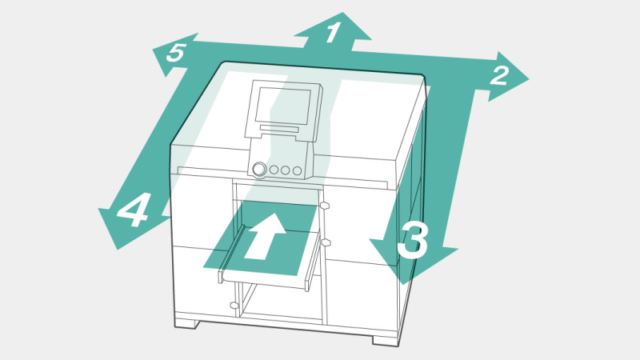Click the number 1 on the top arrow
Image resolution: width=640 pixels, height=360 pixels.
(333, 32)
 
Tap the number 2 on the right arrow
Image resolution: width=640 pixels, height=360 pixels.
(500, 75)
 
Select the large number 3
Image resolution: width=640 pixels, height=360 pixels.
(413, 242)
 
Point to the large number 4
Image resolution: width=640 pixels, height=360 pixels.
(133, 210)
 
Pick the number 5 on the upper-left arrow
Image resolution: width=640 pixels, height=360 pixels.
(176, 53)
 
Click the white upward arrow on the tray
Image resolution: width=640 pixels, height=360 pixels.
(266, 236)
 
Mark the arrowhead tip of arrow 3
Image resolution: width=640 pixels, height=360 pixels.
(402, 285)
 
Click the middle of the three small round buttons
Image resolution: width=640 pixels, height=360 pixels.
(286, 170)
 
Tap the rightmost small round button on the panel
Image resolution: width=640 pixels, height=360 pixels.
(297, 170)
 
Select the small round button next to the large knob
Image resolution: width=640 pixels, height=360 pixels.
(274, 170)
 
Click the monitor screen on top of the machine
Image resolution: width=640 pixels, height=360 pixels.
(283, 106)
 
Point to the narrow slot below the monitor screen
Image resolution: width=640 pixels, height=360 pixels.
(279, 129)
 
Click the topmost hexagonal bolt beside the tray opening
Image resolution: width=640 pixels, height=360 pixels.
(326, 206)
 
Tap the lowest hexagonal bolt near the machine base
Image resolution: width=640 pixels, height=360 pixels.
(234, 305)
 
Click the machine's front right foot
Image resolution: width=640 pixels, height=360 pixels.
(386, 341)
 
